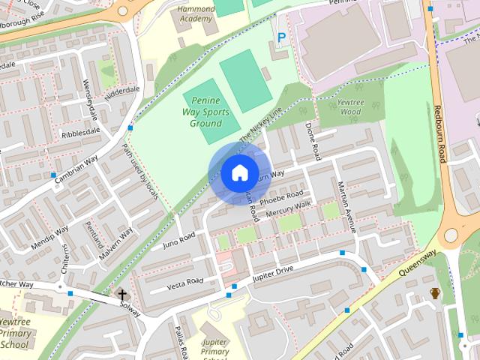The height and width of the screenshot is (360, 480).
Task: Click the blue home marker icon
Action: [238, 172]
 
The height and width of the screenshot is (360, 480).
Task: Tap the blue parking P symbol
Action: [282, 37]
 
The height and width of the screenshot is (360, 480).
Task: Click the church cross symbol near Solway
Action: [122, 294]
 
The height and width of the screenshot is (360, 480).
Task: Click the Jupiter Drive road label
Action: [274, 273]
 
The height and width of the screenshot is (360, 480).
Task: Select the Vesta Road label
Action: [185, 281]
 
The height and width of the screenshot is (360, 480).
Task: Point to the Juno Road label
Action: [178, 240]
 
